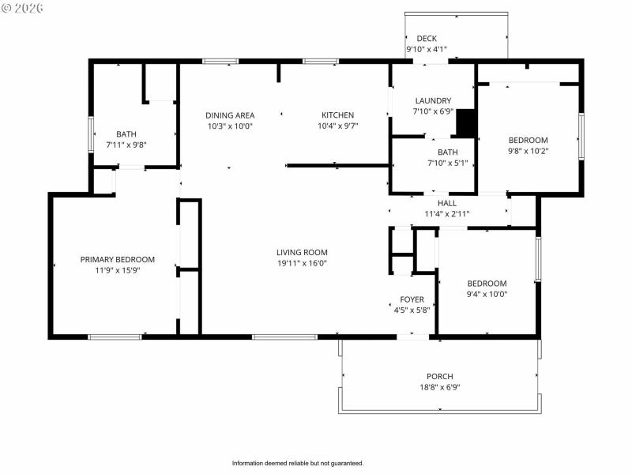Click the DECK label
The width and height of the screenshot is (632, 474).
(427, 39)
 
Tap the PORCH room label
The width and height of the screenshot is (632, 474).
(440, 377)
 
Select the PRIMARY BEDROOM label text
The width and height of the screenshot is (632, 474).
(118, 259)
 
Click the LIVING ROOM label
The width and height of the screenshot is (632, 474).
(302, 253)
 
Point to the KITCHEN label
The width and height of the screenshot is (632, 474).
(337, 115)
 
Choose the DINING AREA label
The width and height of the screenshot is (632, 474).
(230, 115)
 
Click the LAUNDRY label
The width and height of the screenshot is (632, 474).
(433, 101)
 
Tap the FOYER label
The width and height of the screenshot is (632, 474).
(412, 299)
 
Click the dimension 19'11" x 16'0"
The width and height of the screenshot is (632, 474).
(302, 263)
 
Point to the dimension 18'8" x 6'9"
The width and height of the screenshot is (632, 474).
(440, 387)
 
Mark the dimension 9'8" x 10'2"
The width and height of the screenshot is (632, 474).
(528, 151)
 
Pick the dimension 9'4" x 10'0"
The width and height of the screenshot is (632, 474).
(487, 294)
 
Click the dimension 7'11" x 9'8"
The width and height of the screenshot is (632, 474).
(126, 145)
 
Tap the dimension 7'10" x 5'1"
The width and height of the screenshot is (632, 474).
(447, 163)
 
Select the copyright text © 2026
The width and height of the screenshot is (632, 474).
(23, 8)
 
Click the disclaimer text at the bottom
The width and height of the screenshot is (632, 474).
(298, 463)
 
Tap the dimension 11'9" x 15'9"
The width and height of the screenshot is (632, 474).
(118, 269)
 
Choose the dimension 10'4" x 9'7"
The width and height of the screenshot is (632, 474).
(337, 126)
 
